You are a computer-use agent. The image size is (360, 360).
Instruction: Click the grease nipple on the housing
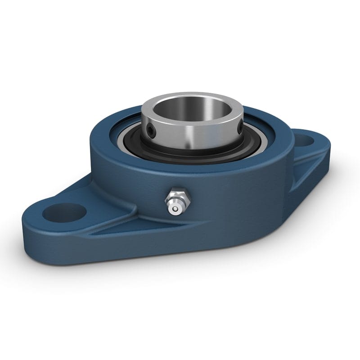pos(176,202)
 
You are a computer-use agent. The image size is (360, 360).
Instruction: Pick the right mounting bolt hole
pos(307,140)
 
